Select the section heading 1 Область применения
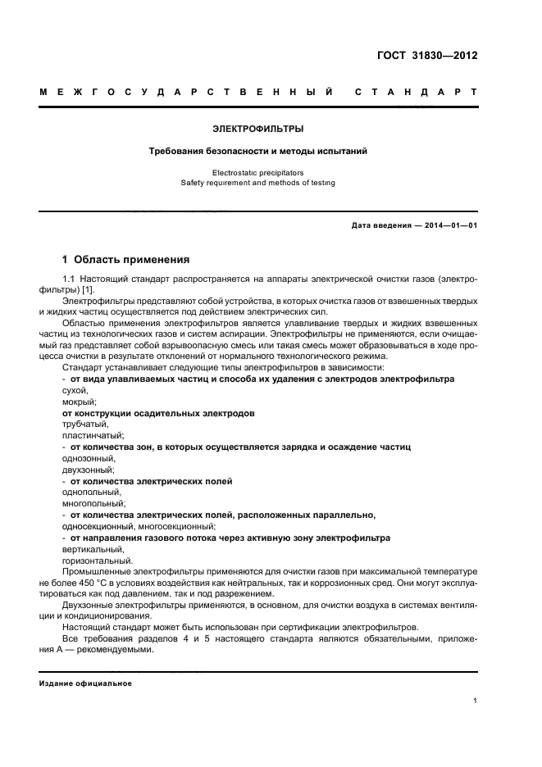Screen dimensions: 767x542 (126, 260)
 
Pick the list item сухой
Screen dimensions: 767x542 (75, 391)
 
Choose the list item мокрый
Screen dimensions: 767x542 (80, 402)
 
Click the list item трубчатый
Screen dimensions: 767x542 (84, 424)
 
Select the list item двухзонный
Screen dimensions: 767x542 (89, 470)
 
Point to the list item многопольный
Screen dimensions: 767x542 (92, 503)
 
